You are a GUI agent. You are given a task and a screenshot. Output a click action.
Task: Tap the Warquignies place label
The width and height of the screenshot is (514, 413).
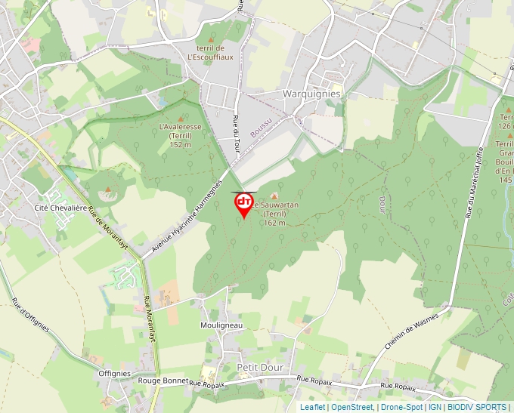point(311,94)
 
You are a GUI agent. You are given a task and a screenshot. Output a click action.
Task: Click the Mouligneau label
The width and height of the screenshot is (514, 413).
point(221,325)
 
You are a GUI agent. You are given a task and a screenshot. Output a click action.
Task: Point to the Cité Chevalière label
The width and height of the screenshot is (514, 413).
point(61,207)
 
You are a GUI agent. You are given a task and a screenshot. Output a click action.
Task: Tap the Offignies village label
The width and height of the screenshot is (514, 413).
point(115,373)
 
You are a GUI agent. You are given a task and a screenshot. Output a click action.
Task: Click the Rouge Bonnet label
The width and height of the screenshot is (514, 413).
point(165,381)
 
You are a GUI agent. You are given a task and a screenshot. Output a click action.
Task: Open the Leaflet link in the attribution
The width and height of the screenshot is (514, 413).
point(312,407)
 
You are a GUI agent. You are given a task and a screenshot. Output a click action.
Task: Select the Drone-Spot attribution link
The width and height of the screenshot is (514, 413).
point(401,407)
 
